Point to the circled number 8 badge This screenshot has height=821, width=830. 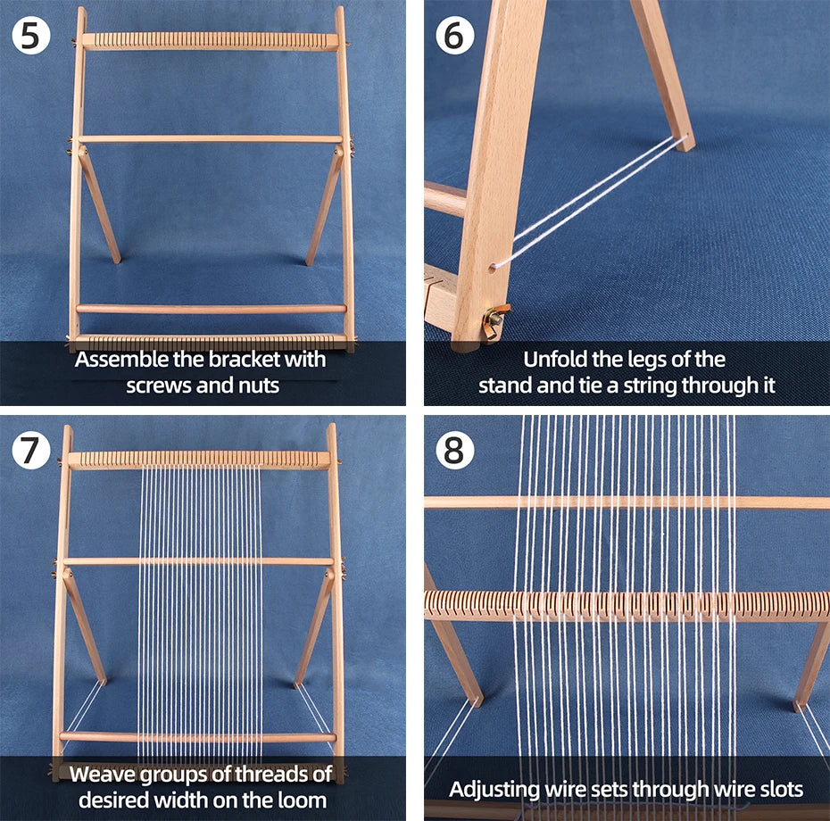[x=453, y=451]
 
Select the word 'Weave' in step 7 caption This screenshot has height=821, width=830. [x=104, y=773]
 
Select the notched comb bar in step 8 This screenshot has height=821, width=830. [x=625, y=605]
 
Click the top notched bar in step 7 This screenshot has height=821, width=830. [x=198, y=460]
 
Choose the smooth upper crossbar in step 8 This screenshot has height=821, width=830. [x=625, y=502]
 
